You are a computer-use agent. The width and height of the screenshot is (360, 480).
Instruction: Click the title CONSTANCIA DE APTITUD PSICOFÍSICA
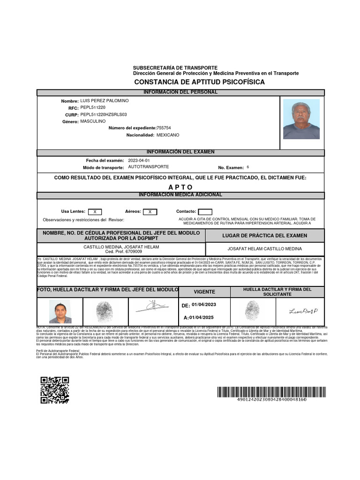pos(199,82)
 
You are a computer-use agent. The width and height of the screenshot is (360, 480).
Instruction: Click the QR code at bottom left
pos(54,390)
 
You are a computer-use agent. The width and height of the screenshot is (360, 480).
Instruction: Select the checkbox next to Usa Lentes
pos(95,212)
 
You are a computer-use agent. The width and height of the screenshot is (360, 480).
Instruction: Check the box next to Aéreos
pos(150,212)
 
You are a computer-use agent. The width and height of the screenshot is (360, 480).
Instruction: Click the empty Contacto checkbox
pos(205,212)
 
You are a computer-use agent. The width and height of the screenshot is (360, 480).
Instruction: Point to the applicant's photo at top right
pos(301,119)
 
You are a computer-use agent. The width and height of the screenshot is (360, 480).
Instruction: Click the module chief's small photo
pos(60,312)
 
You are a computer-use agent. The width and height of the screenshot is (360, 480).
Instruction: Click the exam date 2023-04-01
pos(139,160)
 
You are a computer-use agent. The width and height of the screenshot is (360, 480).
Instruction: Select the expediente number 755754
pos(164,128)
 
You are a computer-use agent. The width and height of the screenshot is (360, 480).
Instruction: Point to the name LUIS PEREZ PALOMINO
pos(105,101)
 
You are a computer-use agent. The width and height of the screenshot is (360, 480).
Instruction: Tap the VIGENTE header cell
pos(204,292)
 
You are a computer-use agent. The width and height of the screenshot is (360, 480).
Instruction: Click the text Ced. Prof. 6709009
pos(121,252)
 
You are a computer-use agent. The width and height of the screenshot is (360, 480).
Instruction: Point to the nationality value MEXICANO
pos(168,135)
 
